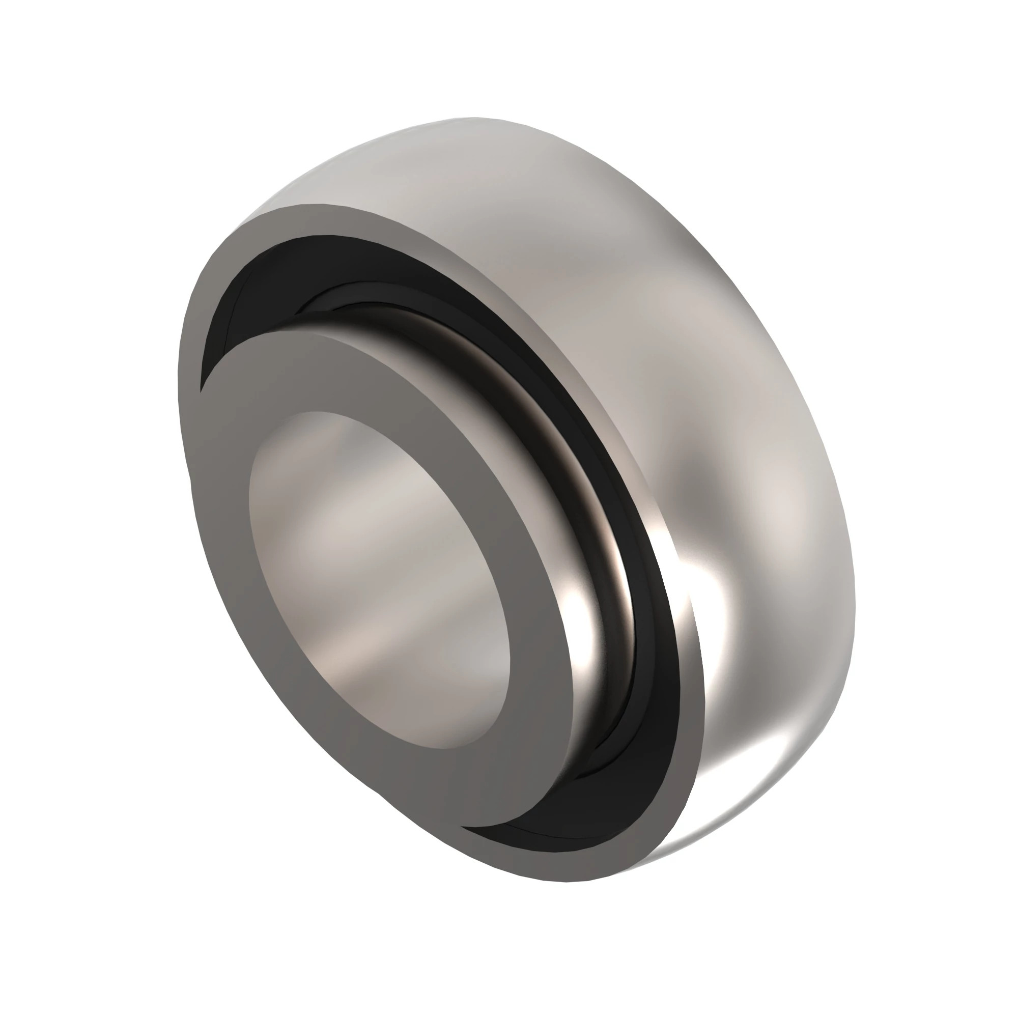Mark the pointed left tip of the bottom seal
[x=464, y=827]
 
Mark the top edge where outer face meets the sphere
[x=316, y=206]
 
